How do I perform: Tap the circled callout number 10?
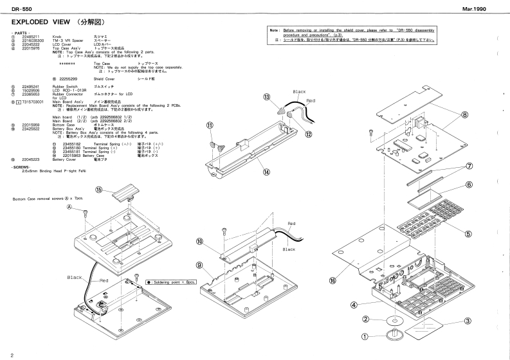point(199,241)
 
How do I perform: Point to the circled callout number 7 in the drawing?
point(488,165)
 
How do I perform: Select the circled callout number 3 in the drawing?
point(468,321)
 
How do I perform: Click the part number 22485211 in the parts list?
point(32,37)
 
